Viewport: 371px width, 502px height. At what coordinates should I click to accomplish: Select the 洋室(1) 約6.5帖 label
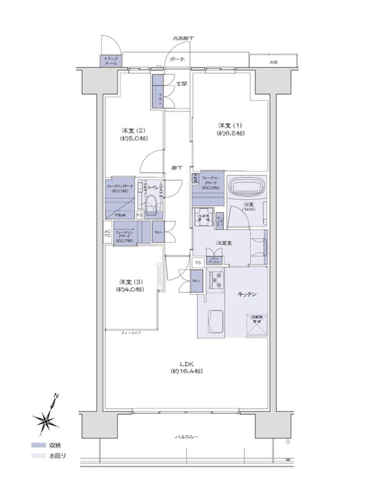231,129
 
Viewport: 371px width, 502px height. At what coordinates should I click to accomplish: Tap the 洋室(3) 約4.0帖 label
130,285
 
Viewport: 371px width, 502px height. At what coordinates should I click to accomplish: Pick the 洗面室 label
224,242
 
